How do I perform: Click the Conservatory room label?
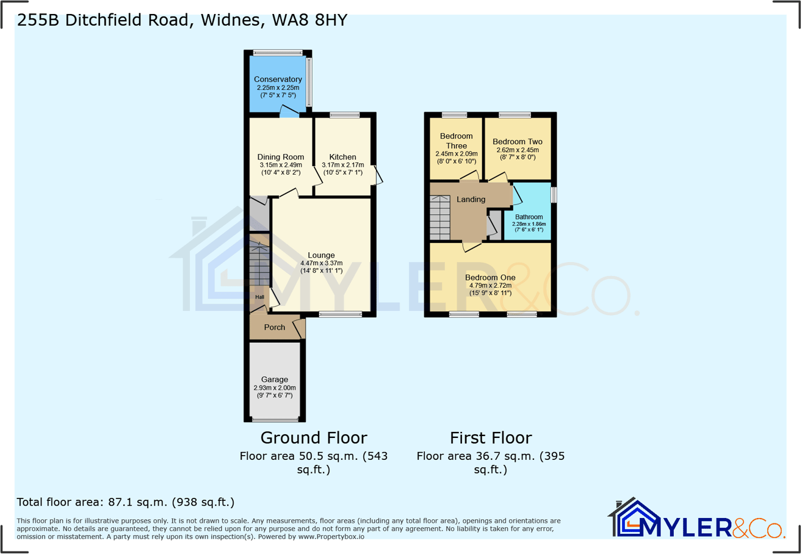click(x=278, y=79)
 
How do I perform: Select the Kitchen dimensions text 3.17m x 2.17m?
click(x=342, y=165)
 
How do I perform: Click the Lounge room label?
click(x=321, y=255)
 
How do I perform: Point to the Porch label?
click(x=274, y=327)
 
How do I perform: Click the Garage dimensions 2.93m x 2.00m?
click(x=275, y=388)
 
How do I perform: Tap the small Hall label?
click(x=259, y=297)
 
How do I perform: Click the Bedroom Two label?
click(x=517, y=141)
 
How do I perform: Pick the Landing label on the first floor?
click(x=471, y=199)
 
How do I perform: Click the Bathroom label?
click(x=529, y=217)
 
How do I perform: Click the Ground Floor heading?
click(x=314, y=437)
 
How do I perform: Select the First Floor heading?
click(x=491, y=437)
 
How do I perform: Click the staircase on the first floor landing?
click(x=439, y=219)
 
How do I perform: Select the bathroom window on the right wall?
click(x=554, y=194)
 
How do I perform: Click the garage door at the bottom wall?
click(x=275, y=420)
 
